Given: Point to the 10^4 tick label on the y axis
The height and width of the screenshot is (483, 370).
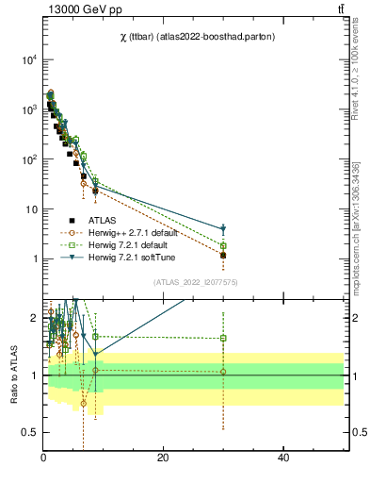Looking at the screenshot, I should pos(28,59).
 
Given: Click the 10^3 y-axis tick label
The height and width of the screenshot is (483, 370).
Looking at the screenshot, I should pos(28,109).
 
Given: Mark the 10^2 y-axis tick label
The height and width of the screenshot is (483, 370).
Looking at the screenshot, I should pos(28,159).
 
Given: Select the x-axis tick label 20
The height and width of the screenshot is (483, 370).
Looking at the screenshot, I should pos(163,458).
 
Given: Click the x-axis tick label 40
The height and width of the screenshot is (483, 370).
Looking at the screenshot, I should pos(283,458).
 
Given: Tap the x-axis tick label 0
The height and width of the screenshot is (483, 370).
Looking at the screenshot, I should pos(43,458).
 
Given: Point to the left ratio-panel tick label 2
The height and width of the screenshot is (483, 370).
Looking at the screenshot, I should pos(34,318).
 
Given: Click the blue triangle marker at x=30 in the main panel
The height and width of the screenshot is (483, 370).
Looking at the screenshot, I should pos(223,229).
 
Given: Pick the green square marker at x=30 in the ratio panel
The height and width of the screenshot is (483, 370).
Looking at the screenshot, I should pos(223,338).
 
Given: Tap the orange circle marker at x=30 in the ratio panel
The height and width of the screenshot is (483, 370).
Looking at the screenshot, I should pos(223,372).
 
